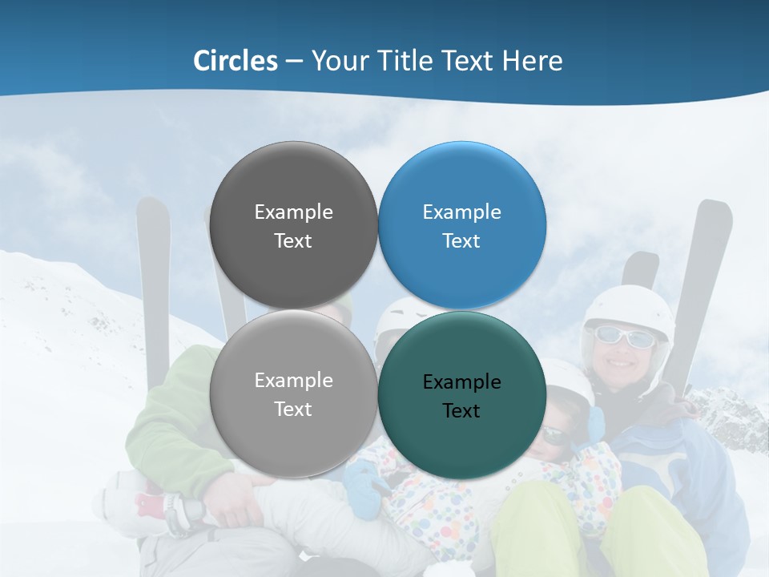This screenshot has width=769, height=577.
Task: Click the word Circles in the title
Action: click(x=235, y=61)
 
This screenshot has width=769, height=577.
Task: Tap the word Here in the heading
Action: click(x=532, y=61)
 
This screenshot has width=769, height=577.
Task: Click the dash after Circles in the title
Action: click(x=294, y=62)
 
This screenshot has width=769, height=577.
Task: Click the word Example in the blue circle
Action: click(x=461, y=212)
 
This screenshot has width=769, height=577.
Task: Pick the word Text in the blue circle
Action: click(x=461, y=241)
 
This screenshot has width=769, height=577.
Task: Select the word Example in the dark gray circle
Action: click(x=293, y=212)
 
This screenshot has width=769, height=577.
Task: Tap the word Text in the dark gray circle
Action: click(x=293, y=241)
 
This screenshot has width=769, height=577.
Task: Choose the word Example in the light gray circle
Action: click(x=293, y=381)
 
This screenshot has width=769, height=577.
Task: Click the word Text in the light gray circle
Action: click(x=293, y=410)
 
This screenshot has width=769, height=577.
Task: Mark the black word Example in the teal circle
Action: click(x=461, y=382)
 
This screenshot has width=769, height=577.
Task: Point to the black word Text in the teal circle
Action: click(x=461, y=411)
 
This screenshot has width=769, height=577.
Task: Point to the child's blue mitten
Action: click(x=365, y=490)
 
